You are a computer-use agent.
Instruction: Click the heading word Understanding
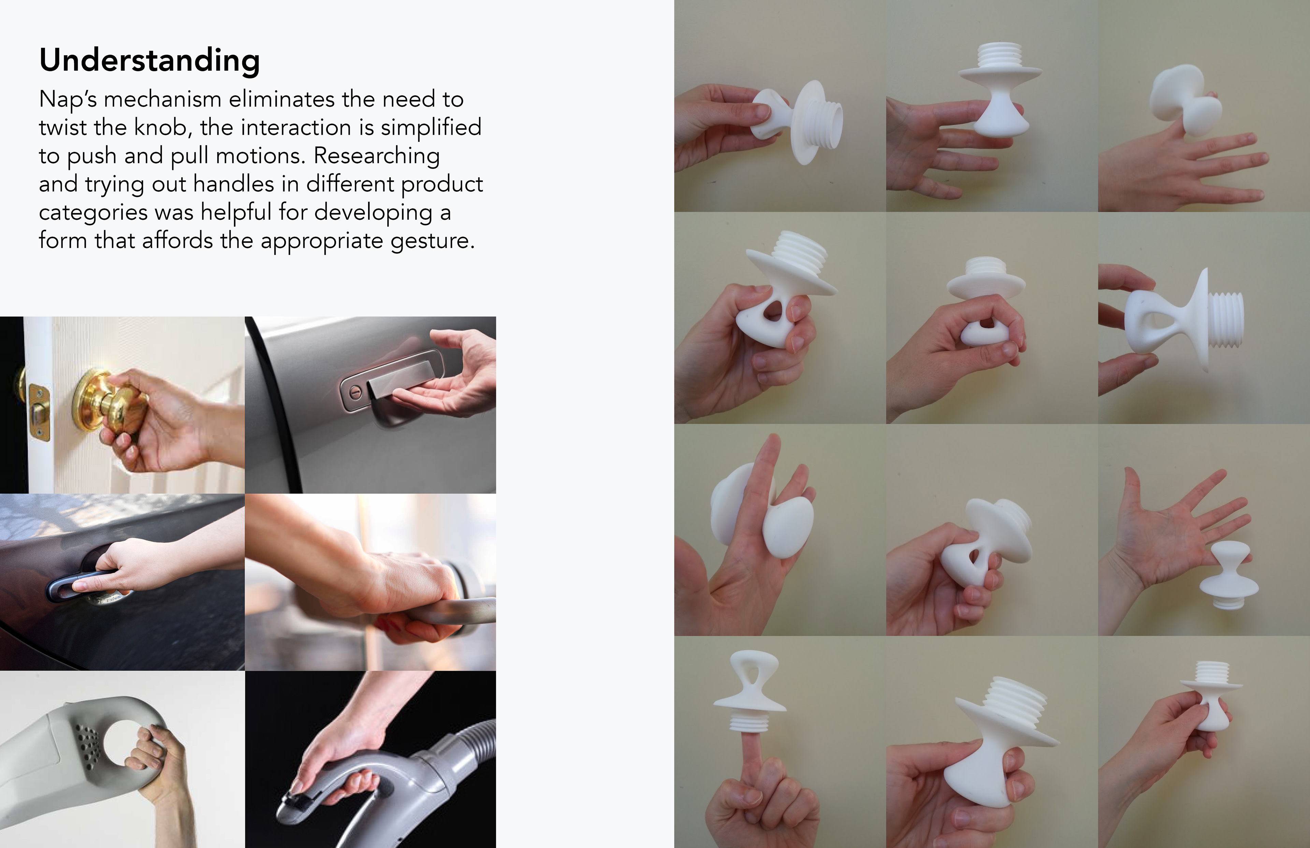[149, 61]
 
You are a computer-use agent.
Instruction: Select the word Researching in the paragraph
[377, 156]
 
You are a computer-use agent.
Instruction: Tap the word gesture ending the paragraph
[432, 241]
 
